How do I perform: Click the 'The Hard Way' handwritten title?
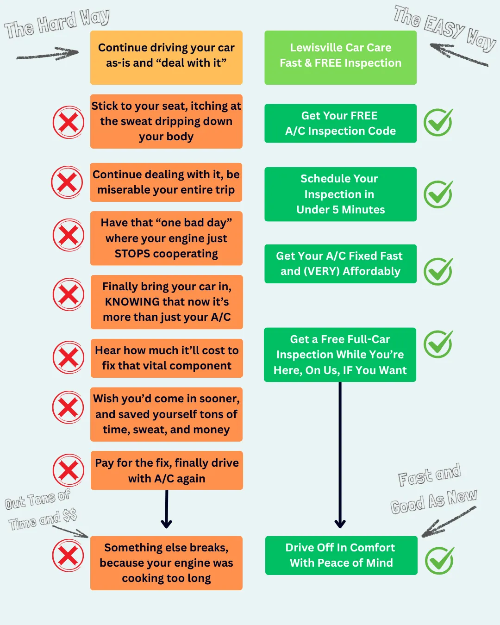click(56, 23)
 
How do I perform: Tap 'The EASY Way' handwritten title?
click(445, 28)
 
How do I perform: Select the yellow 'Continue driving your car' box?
click(166, 57)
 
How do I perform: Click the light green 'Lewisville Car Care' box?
click(340, 57)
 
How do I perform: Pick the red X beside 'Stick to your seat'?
click(69, 122)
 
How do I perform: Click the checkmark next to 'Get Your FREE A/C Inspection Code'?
click(438, 122)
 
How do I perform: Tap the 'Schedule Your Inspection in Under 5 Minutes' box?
click(340, 194)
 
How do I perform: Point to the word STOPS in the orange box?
click(132, 254)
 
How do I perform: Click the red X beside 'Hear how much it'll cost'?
click(69, 357)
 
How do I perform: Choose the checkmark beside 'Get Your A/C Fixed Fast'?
click(438, 271)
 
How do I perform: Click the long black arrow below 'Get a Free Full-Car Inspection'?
click(340, 455)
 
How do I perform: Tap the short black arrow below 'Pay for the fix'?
click(167, 509)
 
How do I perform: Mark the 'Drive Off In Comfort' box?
click(341, 555)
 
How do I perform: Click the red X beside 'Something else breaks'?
click(68, 555)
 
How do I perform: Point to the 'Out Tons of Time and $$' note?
click(41, 510)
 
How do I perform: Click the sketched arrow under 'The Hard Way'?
click(47, 54)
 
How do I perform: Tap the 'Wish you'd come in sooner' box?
click(166, 414)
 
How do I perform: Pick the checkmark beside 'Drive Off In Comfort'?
click(439, 561)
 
